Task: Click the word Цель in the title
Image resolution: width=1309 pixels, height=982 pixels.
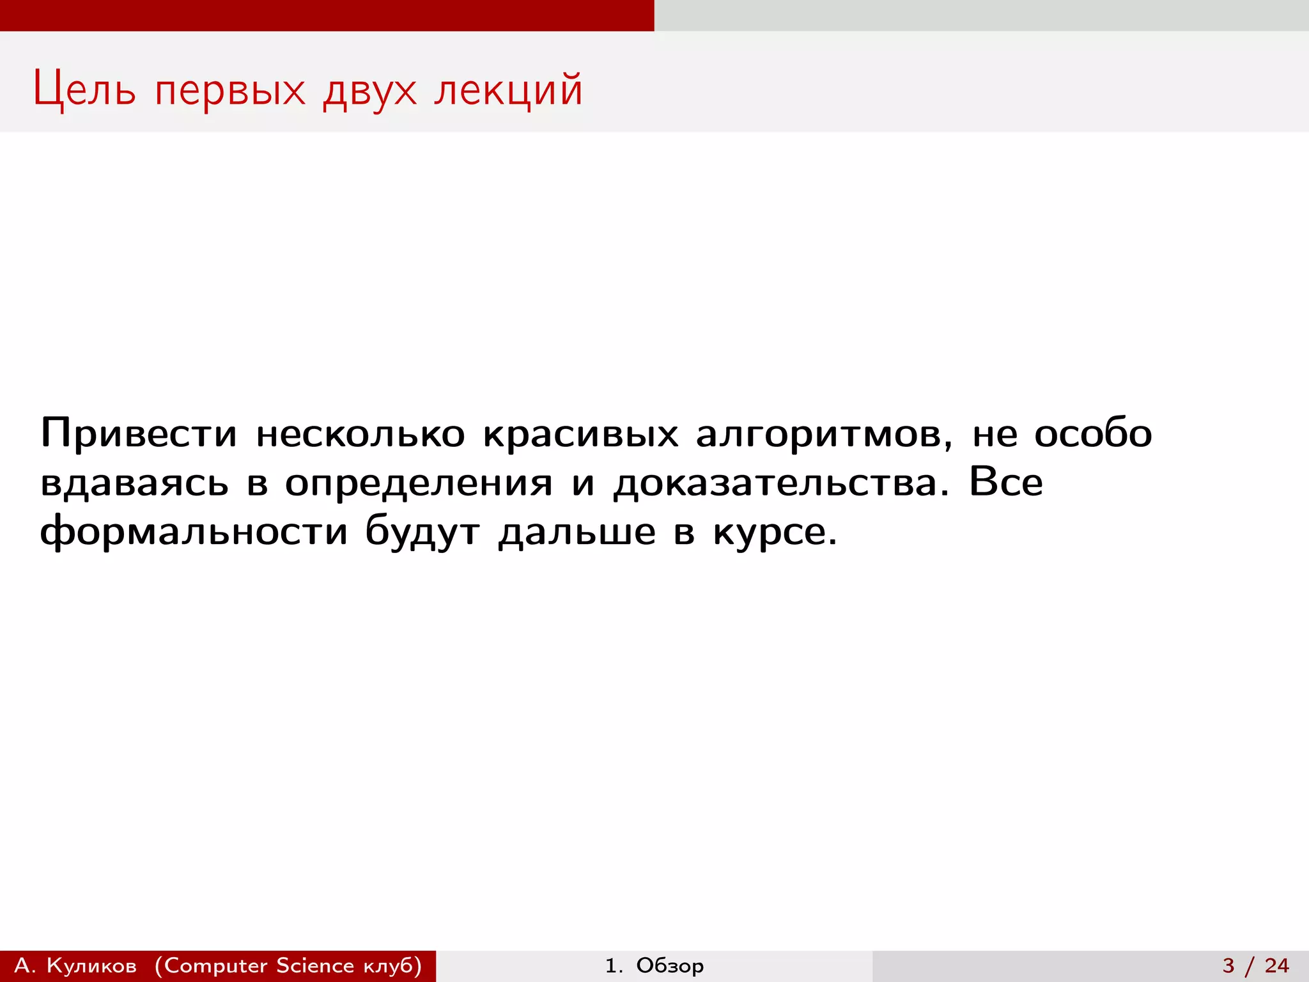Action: [x=84, y=90]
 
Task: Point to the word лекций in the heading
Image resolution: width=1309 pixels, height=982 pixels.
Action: [x=508, y=90]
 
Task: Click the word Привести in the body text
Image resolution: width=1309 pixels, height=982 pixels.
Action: [x=139, y=433]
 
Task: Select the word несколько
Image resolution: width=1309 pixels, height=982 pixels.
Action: [x=360, y=433]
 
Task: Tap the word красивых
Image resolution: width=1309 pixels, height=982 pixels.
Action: [x=580, y=433]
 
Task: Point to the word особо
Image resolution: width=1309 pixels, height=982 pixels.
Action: [x=1093, y=433]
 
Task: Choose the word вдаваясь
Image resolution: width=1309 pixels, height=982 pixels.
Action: [x=134, y=483]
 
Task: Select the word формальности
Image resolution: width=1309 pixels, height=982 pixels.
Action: [x=194, y=532]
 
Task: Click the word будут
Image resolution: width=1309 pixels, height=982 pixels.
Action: [x=422, y=532]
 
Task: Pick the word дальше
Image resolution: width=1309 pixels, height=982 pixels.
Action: [x=577, y=532]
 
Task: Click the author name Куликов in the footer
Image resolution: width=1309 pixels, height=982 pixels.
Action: [x=91, y=965]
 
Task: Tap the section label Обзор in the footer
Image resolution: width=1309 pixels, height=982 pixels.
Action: [x=670, y=965]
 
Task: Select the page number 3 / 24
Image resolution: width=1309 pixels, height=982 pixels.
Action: [x=1255, y=965]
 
